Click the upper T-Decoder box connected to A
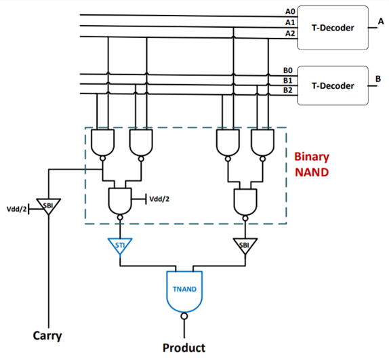[333, 28]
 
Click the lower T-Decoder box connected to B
[333, 85]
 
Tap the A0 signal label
[290, 12]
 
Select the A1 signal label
[290, 22]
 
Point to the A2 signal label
[290, 33]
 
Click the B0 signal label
[288, 71]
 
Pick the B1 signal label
[288, 81]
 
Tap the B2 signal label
[288, 90]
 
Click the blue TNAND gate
[184, 292]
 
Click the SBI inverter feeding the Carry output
[48, 206]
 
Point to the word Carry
[47, 336]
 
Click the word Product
[184, 348]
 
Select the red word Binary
[312, 157]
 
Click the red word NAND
[312, 172]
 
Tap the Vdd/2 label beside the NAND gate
[159, 199]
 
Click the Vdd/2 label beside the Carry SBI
[16, 209]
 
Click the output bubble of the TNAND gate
[184, 316]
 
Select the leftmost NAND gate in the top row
[103, 142]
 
